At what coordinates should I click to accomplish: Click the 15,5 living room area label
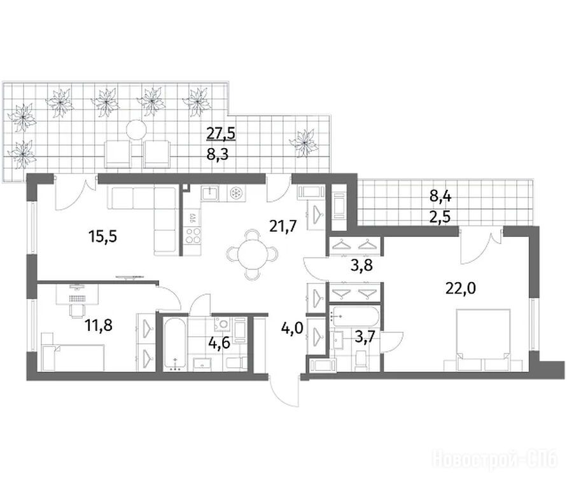pyautogui.click(x=102, y=237)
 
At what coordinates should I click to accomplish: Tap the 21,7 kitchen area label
pyautogui.click(x=283, y=226)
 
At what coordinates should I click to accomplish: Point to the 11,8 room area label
pyautogui.click(x=99, y=325)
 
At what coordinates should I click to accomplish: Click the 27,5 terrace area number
pyautogui.click(x=221, y=133)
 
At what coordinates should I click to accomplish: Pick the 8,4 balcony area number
pyautogui.click(x=441, y=197)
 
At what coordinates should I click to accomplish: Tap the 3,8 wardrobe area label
pyautogui.click(x=362, y=266)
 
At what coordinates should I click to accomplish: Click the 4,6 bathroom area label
pyautogui.click(x=219, y=342)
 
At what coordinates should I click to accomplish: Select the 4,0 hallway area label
pyautogui.click(x=292, y=329)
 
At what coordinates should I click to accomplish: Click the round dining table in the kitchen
pyautogui.click(x=253, y=255)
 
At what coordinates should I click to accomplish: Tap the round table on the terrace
pyautogui.click(x=136, y=129)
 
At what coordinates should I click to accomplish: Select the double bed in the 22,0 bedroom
pyautogui.click(x=483, y=339)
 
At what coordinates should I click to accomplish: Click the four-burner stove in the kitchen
pyautogui.click(x=193, y=235)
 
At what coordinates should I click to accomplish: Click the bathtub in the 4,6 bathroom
pyautogui.click(x=176, y=344)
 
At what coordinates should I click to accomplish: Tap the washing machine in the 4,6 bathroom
pyautogui.click(x=223, y=325)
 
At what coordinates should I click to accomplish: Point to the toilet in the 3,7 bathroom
pyautogui.click(x=361, y=361)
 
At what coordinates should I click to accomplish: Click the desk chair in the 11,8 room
pyautogui.click(x=76, y=309)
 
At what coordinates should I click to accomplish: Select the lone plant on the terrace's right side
pyautogui.click(x=304, y=144)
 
